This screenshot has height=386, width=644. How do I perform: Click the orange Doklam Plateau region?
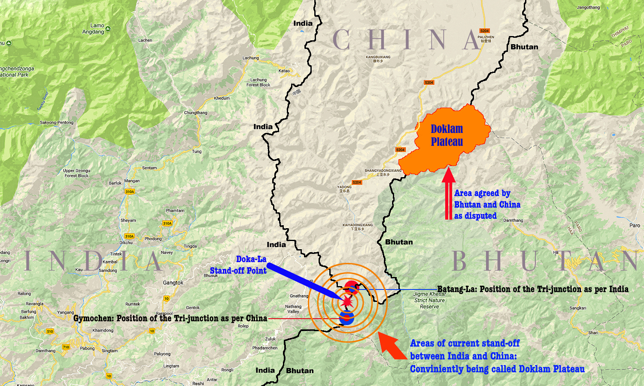(447, 137)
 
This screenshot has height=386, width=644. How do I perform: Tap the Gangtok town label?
(173, 283)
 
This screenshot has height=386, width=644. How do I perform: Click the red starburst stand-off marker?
(346, 302)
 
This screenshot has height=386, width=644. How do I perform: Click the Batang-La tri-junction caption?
(532, 289)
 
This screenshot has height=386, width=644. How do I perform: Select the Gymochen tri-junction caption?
(170, 318)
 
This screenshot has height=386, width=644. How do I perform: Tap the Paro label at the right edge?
(635, 225)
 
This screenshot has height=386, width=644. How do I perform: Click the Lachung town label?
(251, 58)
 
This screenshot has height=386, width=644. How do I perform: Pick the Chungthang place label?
(195, 113)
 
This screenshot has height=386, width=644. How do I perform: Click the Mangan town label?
(132, 181)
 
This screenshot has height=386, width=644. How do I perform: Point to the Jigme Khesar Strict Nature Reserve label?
(429, 300)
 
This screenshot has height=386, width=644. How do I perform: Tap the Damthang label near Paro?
(513, 220)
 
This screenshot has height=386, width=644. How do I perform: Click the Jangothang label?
(588, 7)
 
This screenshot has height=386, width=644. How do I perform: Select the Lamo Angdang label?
(94, 29)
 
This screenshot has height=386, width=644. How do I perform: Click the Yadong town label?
(344, 189)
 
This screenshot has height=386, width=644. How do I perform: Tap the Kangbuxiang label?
(378, 59)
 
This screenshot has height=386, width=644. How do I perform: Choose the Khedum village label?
(222, 98)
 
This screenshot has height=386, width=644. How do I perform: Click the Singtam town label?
(109, 350)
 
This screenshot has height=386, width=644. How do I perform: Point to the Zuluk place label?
(270, 339)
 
